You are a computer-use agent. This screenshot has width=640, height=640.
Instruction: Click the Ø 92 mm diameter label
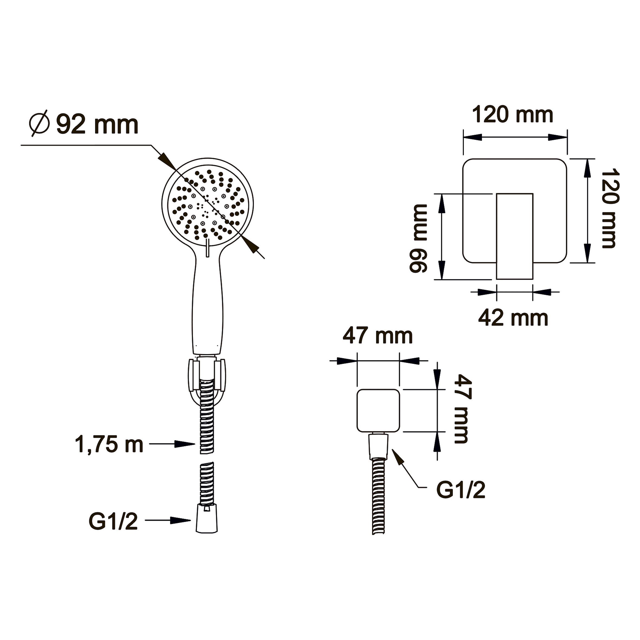83,124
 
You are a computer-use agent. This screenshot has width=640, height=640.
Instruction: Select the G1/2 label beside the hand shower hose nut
113,521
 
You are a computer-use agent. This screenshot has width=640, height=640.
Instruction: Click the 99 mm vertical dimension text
419,238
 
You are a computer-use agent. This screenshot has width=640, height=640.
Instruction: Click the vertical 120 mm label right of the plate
610,208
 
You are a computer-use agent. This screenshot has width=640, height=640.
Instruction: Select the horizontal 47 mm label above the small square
378,335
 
